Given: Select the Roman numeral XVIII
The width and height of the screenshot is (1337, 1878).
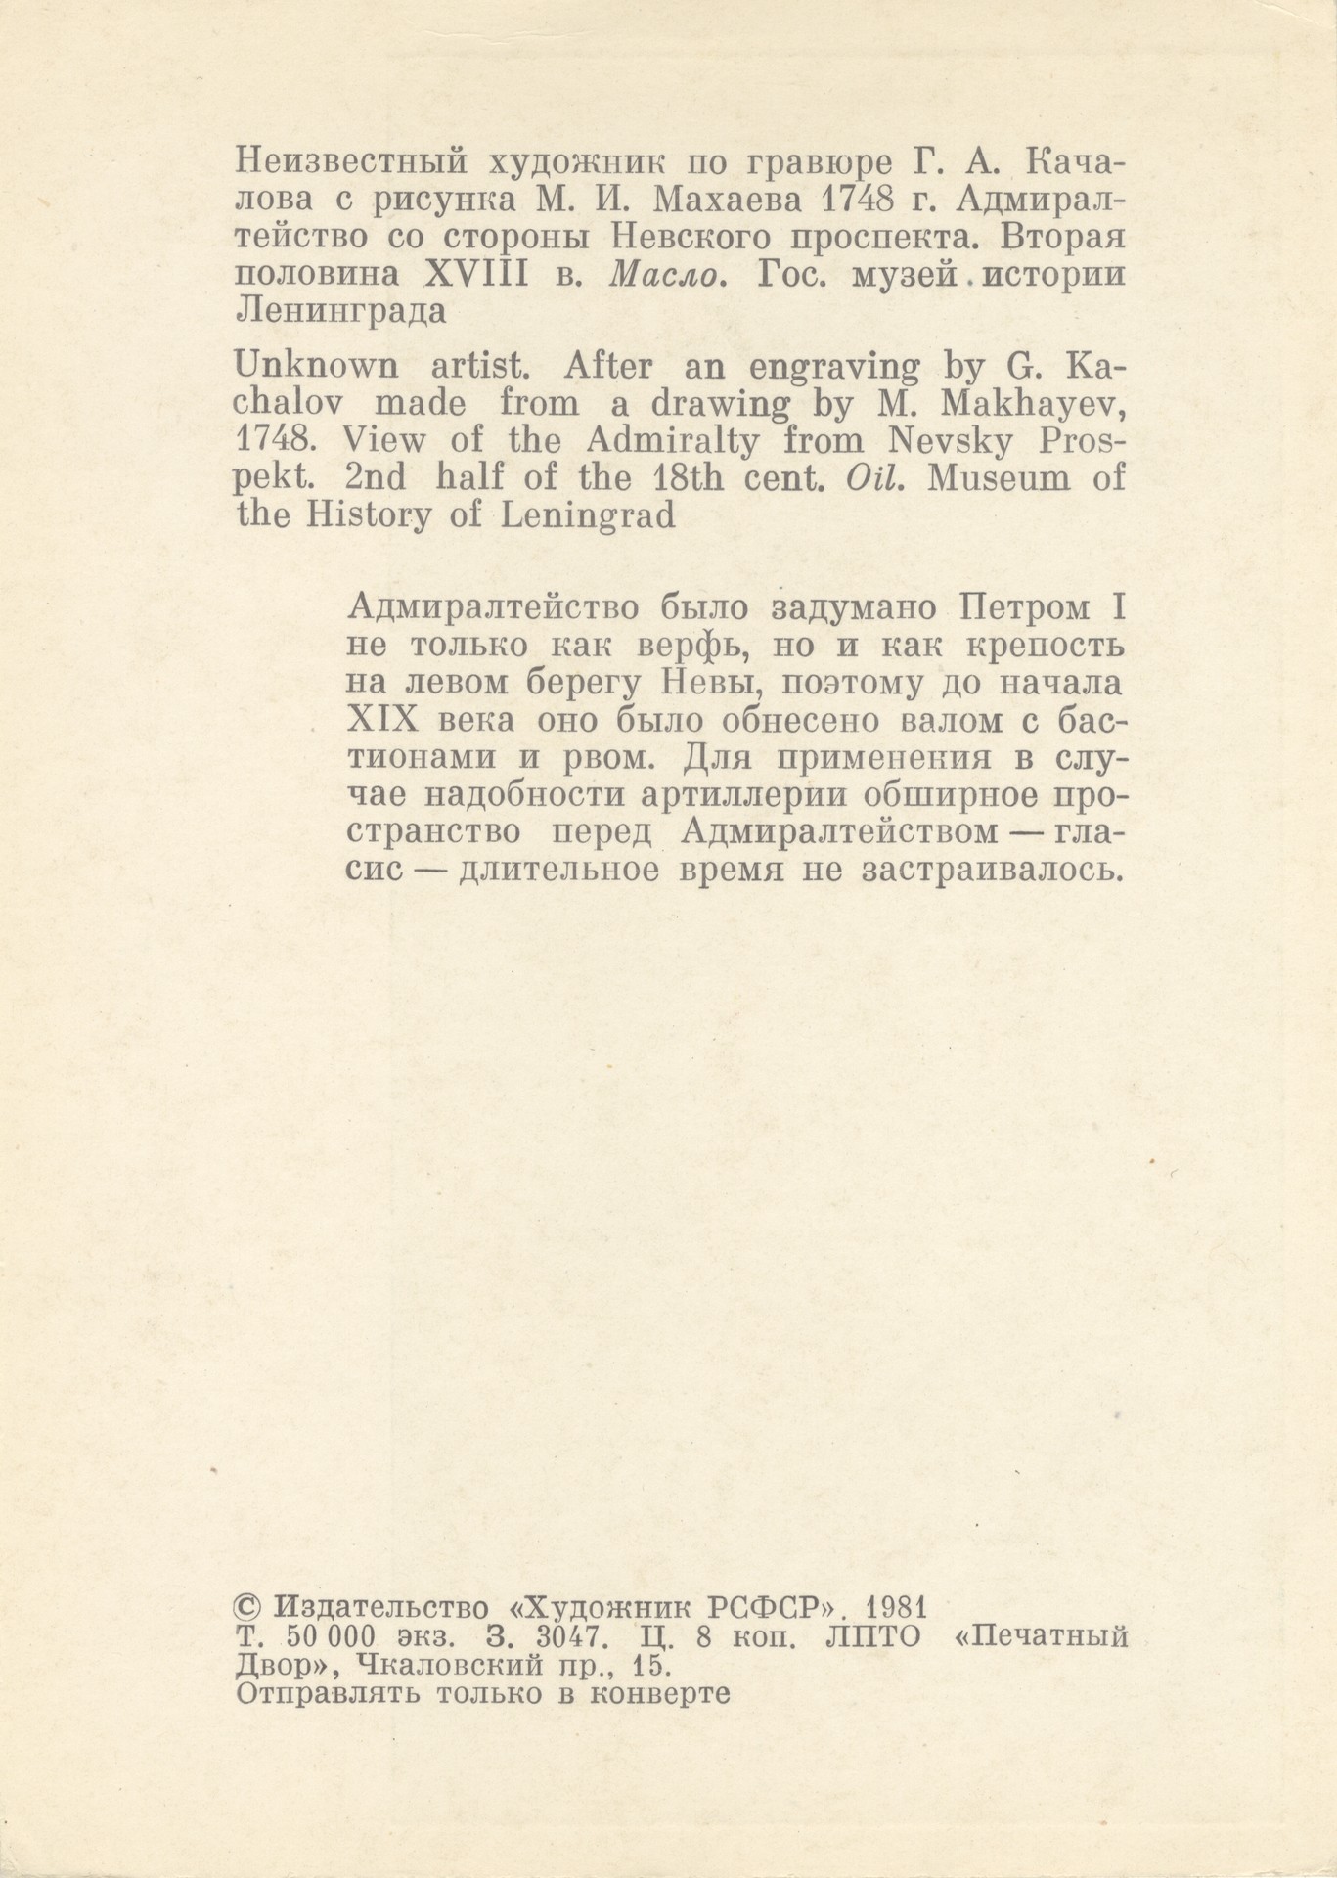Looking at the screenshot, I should click(477, 276).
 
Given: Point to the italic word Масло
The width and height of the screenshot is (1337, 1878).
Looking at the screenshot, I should click(668, 276).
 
